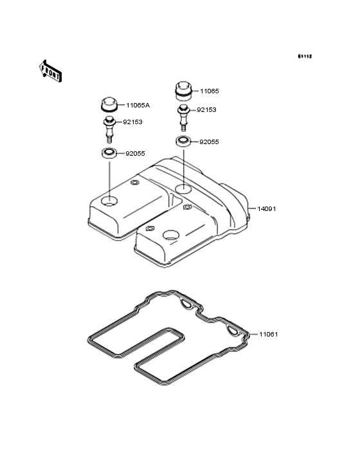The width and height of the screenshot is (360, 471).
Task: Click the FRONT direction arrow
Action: (x=51, y=71)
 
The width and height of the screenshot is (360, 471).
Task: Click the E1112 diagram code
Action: (x=305, y=56)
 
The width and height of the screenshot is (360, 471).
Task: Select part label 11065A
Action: (x=138, y=105)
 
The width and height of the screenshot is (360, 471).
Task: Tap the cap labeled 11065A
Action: (x=109, y=104)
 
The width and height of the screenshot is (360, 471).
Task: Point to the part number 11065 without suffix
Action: (x=210, y=91)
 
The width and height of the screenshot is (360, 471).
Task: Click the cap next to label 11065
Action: (x=183, y=90)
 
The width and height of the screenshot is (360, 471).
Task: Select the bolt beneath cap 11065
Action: (x=183, y=118)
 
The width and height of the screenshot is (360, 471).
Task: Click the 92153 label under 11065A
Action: (x=132, y=122)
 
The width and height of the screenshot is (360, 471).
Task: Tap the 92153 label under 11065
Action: (x=206, y=109)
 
